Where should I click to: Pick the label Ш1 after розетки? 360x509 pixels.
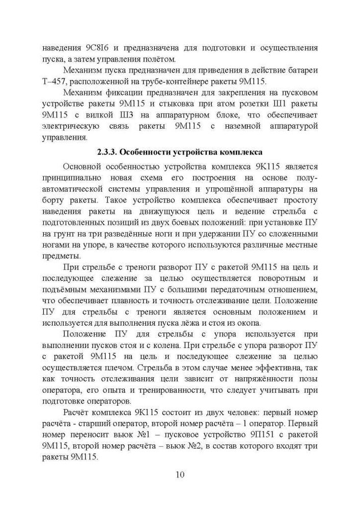pyautogui.click(x=261, y=104)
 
